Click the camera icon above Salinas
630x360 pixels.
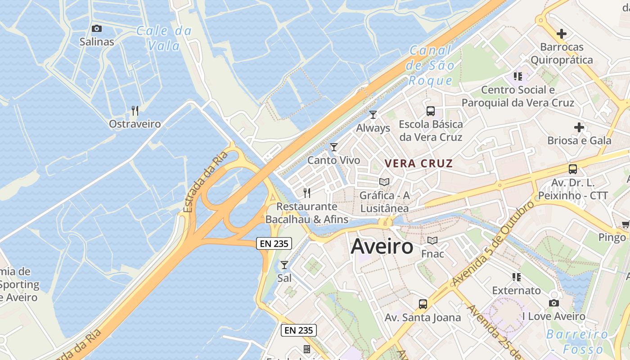click(x=97, y=29)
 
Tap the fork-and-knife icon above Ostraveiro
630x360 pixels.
click(x=134, y=110)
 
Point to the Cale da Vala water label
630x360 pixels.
click(x=164, y=38)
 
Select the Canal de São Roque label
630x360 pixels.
click(x=430, y=66)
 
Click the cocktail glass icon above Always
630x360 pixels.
click(x=373, y=115)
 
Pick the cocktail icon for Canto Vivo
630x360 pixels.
click(x=334, y=147)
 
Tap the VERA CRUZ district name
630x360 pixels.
click(x=418, y=163)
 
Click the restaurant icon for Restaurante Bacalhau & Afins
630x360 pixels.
click(x=307, y=193)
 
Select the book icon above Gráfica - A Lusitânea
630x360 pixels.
click(x=384, y=182)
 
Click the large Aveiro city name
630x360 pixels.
click(x=382, y=246)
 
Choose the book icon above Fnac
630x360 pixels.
click(x=432, y=241)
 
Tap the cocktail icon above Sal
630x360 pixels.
click(x=284, y=265)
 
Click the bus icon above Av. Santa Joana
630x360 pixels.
click(x=423, y=304)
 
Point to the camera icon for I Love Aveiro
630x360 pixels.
click(x=554, y=303)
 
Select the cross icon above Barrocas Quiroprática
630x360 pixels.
click(x=562, y=33)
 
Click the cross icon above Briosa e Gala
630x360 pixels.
click(x=579, y=127)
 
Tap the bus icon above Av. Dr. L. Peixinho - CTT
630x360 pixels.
click(x=573, y=169)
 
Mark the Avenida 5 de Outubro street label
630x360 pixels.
click(x=493, y=243)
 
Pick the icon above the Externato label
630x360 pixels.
click(x=517, y=277)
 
